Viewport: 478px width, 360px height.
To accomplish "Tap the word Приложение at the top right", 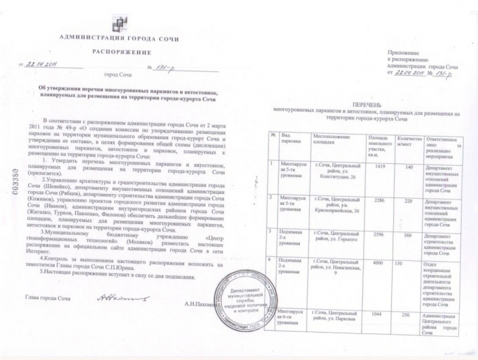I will click(x=403, y=53).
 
